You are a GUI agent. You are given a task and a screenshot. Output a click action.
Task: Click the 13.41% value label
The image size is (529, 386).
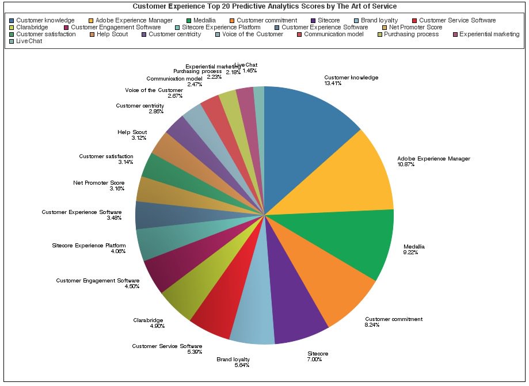(333, 83)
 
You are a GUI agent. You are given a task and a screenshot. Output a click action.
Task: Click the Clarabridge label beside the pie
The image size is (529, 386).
(149, 320)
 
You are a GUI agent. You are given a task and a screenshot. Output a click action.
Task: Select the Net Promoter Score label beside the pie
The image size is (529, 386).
(99, 183)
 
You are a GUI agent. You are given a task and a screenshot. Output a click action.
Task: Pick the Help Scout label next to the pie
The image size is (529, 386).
(132, 132)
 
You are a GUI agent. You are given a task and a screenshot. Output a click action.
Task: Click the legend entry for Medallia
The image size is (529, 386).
(201, 20)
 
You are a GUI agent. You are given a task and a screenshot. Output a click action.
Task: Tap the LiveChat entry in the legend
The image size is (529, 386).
(29, 41)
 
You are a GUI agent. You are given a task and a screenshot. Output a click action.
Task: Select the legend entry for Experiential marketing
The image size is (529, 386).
(489, 34)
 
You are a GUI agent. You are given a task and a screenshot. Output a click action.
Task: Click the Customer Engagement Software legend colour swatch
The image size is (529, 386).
(67, 27)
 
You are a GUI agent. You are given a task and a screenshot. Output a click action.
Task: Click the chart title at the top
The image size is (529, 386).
(264, 6)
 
